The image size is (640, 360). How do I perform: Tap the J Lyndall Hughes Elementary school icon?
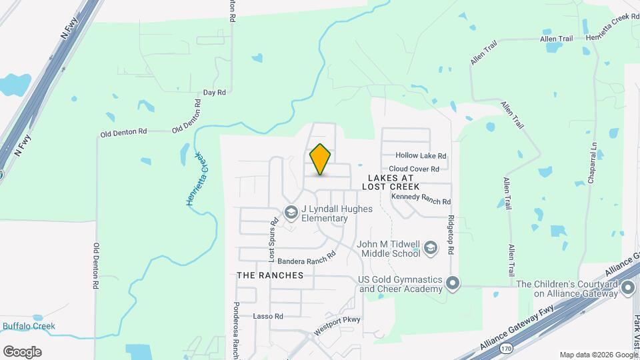coord(291,213)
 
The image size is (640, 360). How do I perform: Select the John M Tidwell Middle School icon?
coord(431,249)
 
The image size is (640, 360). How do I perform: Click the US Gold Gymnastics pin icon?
coord(453,283)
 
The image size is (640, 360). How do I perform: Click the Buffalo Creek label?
coord(29,326)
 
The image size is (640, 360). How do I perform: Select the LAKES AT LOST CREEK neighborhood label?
coord(390,183)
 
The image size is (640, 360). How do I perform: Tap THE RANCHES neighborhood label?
coord(270,275)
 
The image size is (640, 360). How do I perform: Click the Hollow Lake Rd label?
coord(421,155)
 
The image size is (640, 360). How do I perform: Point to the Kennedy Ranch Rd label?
coord(421,200)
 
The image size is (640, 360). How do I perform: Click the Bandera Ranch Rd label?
coord(306,258)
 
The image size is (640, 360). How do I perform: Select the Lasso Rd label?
coord(269,316)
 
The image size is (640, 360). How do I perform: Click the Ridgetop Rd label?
coord(451,233)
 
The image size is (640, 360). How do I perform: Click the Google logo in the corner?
coord(22,352)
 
